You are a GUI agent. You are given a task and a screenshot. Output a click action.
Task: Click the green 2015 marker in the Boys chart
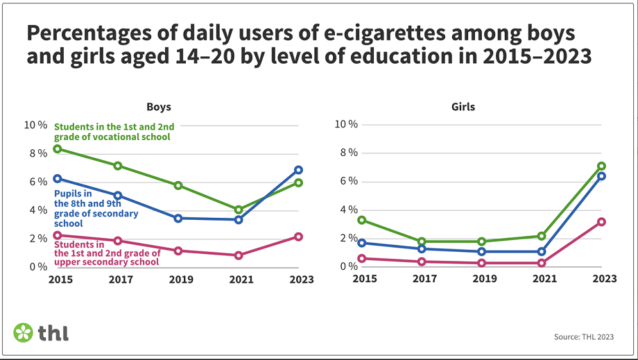(57, 149)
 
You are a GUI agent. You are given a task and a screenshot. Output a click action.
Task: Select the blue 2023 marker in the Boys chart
(298, 170)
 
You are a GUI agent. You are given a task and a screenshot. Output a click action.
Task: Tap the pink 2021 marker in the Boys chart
(239, 255)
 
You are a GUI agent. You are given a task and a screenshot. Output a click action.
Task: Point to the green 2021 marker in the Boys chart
(239, 209)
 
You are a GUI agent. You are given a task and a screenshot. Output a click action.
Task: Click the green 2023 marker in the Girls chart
(602, 166)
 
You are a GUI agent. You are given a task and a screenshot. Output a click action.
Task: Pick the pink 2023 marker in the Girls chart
(602, 222)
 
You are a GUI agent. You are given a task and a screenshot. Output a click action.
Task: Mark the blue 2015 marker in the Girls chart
(361, 243)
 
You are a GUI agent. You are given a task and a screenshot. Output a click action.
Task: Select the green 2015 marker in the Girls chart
(361, 220)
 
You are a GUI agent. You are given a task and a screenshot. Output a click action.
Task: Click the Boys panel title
(158, 108)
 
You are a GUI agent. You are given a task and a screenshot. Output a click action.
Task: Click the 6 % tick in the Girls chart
(347, 182)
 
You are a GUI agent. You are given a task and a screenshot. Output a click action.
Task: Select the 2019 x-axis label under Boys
(178, 280)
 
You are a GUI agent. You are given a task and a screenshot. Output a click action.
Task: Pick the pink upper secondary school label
(107, 253)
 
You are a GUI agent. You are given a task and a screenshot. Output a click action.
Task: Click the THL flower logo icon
(23, 332)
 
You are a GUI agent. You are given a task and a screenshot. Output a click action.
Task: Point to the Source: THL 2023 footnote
(584, 337)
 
